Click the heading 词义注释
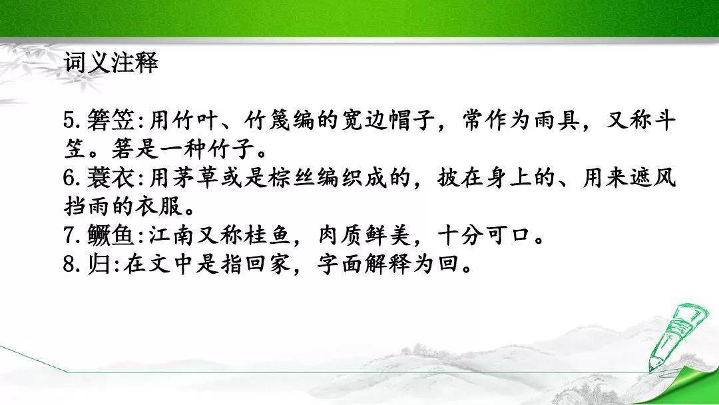(x=111, y=63)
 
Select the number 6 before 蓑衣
(x=69, y=179)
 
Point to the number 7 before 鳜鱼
(x=69, y=236)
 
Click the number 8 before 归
(x=69, y=264)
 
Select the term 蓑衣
(x=111, y=178)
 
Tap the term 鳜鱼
(x=111, y=236)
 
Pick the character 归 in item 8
(x=99, y=264)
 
